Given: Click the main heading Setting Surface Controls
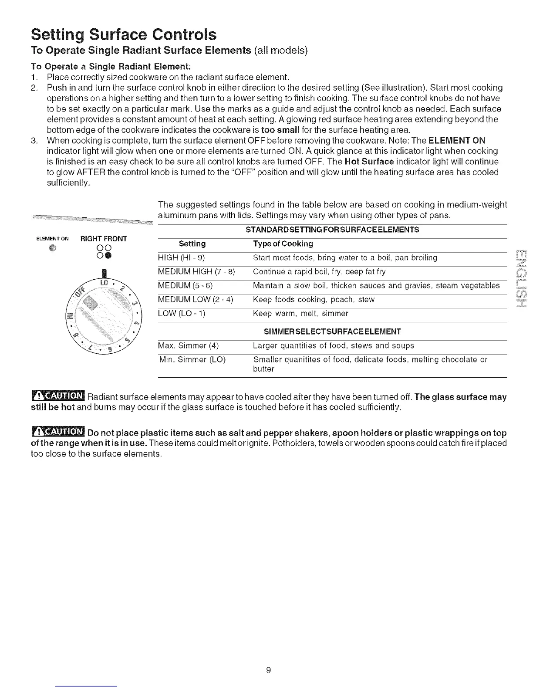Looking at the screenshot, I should point(123,34).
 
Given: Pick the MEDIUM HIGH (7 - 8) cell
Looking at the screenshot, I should point(196,272).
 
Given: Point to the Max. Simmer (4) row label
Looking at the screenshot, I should point(188,346).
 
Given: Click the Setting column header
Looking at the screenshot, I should point(192,244).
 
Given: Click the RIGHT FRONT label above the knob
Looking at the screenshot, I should point(104,239).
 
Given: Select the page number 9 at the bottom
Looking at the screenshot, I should point(269,670).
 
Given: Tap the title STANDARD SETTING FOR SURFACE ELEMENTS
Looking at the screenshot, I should point(332,230).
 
